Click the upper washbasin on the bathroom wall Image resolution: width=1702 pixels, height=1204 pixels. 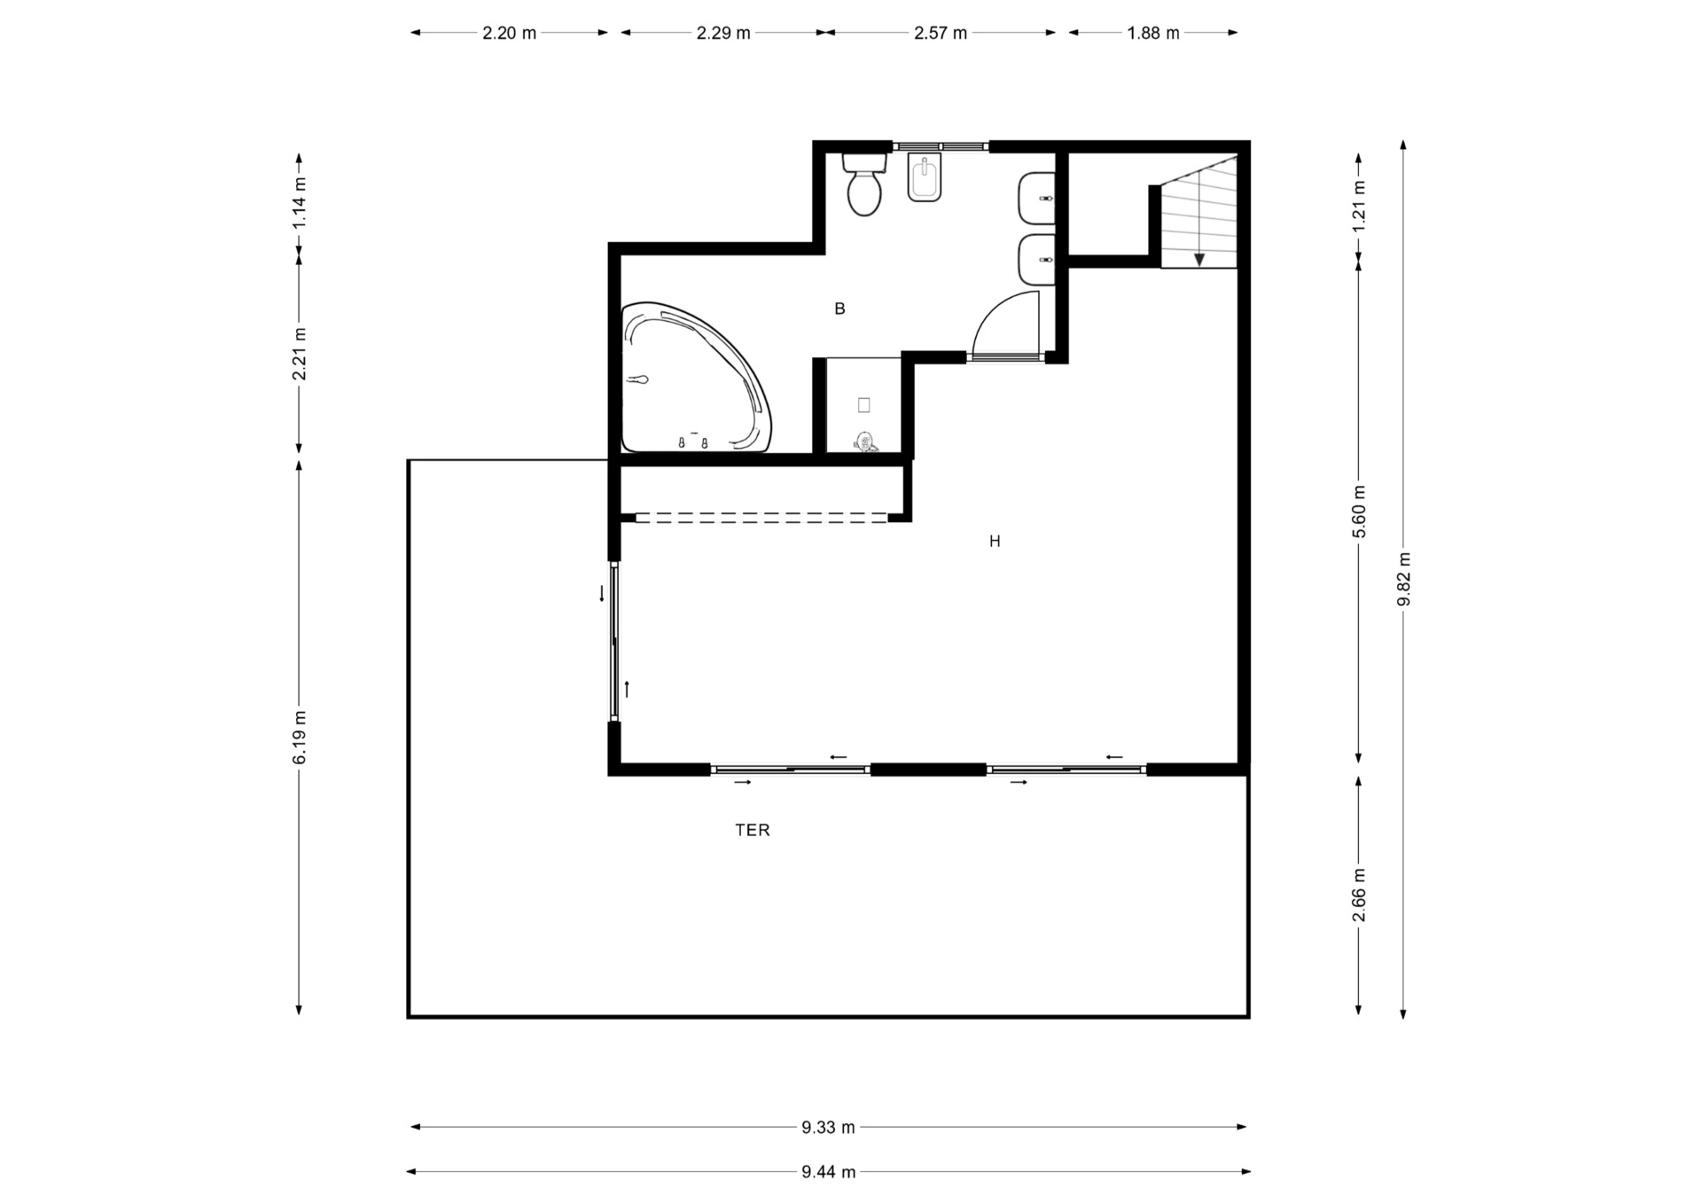click(x=1036, y=198)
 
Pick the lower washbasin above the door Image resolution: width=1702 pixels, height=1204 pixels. click(x=1036, y=260)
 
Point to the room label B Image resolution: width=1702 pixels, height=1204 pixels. click(x=839, y=309)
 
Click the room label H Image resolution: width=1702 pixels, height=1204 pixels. click(x=995, y=541)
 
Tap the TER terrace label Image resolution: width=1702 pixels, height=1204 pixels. click(x=752, y=830)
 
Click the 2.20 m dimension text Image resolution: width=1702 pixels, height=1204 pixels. click(x=509, y=34)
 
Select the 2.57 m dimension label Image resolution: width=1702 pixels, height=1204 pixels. click(x=941, y=34)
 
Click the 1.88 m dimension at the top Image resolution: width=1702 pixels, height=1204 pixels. click(x=1153, y=34)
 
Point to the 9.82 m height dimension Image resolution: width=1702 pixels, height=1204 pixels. click(x=1403, y=579)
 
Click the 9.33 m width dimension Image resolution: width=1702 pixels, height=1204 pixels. click(x=828, y=1127)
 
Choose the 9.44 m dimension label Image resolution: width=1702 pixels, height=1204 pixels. click(x=828, y=1172)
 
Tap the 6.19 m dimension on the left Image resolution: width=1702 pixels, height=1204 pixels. click(x=300, y=736)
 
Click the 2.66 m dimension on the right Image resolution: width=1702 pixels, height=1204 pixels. click(x=1359, y=894)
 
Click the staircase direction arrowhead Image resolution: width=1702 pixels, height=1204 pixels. click(x=1198, y=260)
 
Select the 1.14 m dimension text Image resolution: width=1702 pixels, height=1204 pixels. click(x=300, y=202)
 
